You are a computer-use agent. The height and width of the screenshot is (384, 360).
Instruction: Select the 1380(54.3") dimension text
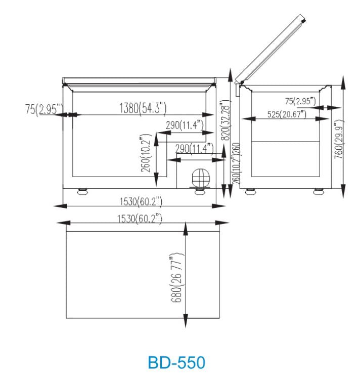click(x=143, y=107)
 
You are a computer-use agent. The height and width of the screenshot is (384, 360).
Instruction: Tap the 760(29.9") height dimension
click(x=337, y=139)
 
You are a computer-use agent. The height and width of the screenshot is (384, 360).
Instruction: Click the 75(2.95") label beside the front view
click(x=44, y=109)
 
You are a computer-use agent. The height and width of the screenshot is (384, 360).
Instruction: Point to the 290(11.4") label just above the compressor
click(x=194, y=148)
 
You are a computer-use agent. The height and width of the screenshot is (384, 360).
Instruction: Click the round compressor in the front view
click(x=200, y=177)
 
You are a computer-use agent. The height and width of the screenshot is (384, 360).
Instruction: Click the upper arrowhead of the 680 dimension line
click(x=186, y=228)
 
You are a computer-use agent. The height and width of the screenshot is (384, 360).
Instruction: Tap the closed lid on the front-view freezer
click(x=139, y=80)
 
